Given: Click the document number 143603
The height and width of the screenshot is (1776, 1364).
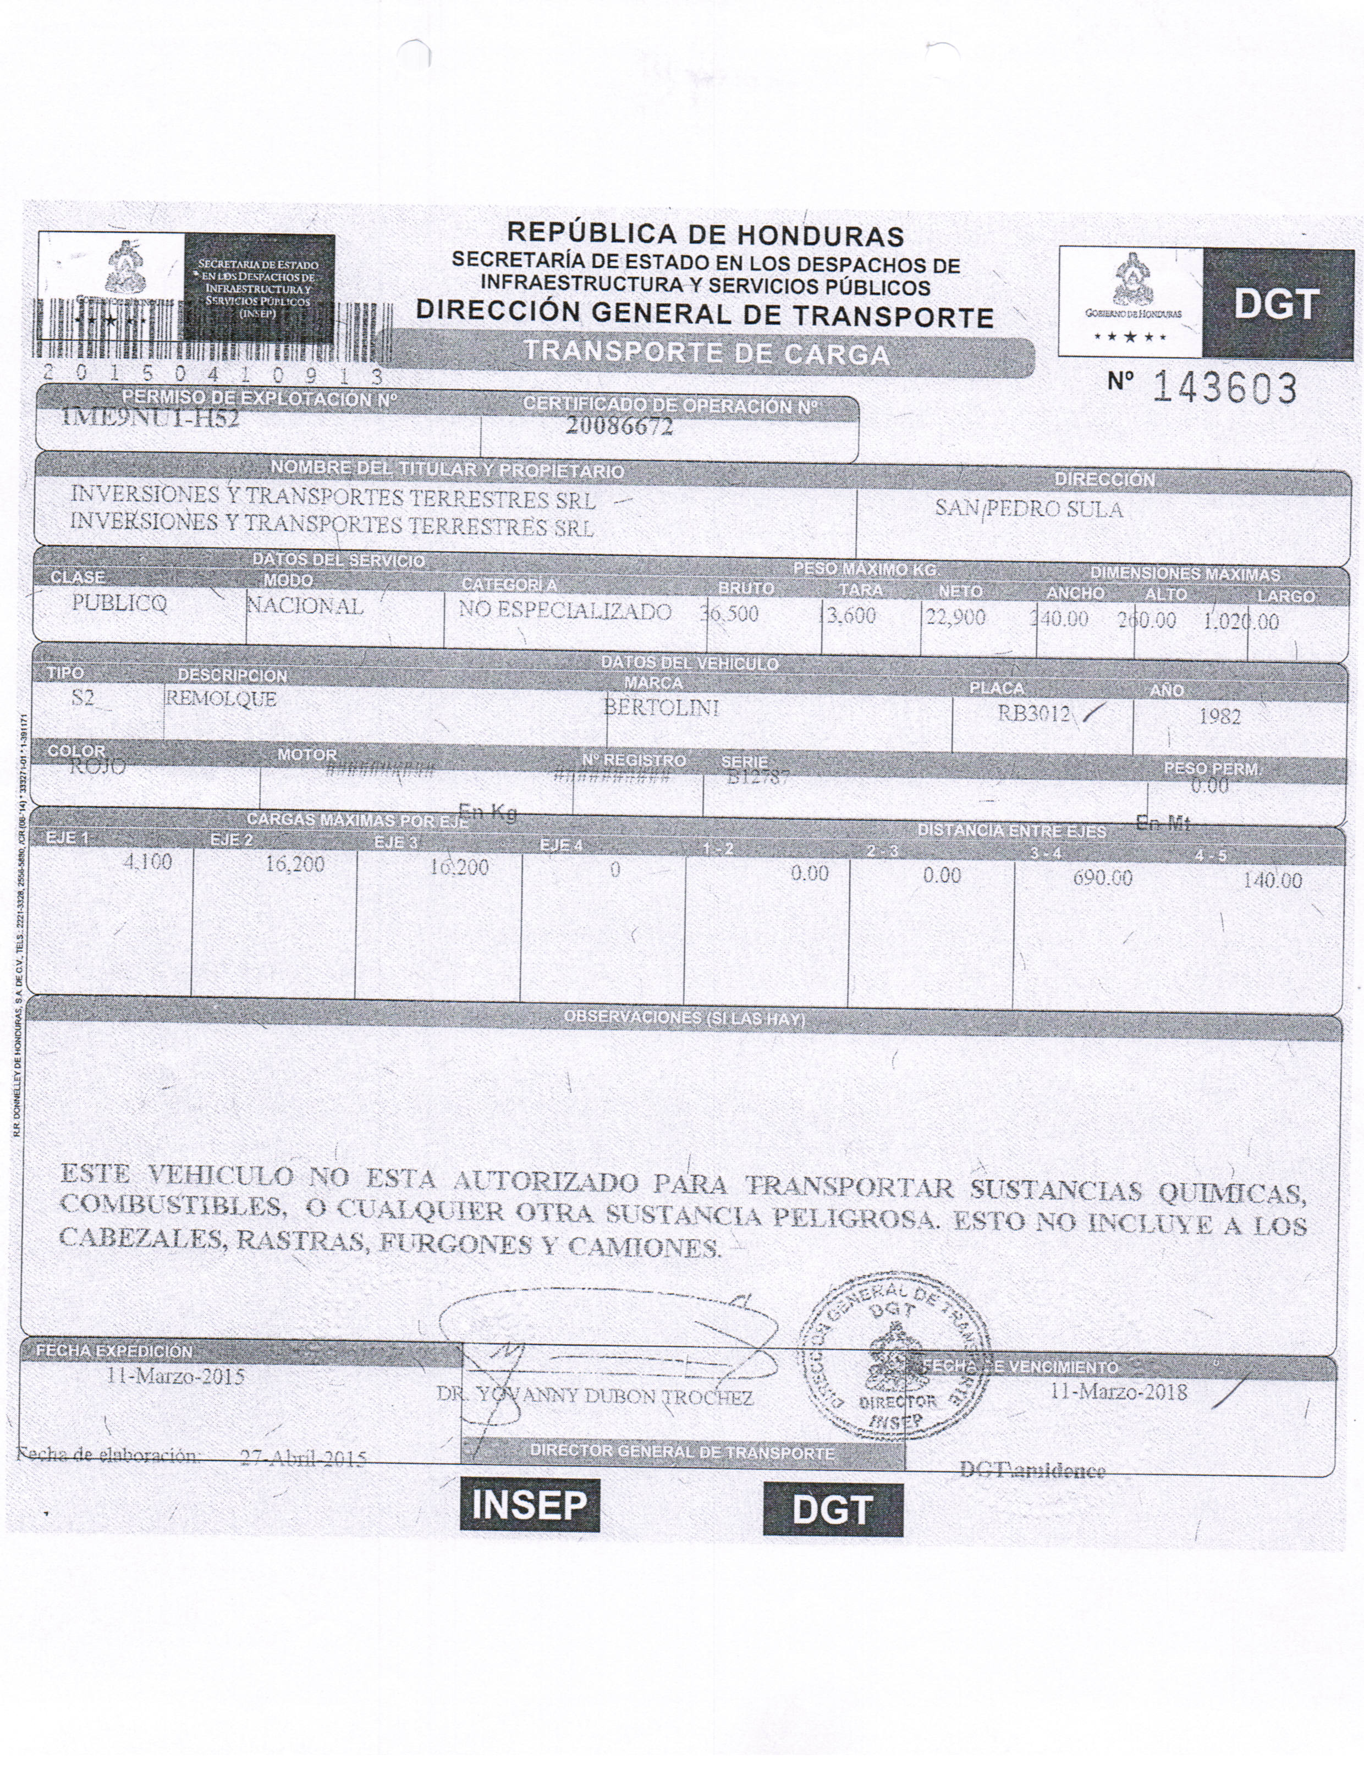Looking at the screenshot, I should point(1224,389).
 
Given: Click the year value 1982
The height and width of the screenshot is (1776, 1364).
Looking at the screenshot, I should point(1219,717).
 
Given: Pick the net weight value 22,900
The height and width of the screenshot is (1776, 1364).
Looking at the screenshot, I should point(955,618).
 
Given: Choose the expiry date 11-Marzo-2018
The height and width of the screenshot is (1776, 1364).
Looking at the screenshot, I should point(1119,1393).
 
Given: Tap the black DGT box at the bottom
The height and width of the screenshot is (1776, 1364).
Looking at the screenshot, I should point(832,1509).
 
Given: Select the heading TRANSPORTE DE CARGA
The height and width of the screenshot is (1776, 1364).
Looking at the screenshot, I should point(706,354).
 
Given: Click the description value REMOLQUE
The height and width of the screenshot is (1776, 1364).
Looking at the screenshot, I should point(221,699).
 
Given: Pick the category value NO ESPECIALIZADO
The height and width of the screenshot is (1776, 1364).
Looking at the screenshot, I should point(565,611).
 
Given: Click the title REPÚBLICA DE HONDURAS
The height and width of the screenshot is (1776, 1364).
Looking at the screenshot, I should point(705,235).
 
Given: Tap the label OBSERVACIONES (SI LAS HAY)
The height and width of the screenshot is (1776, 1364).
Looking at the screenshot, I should point(684,1018).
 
